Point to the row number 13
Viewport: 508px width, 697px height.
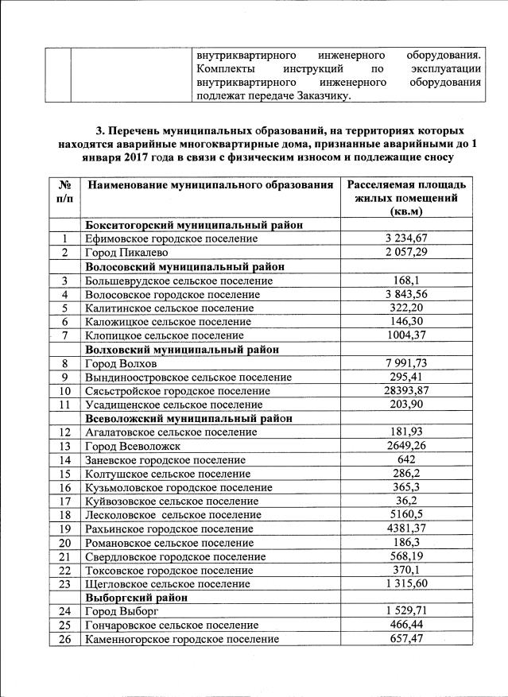click(x=64, y=446)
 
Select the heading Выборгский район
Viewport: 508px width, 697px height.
click(x=137, y=597)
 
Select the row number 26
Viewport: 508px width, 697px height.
click(x=64, y=639)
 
